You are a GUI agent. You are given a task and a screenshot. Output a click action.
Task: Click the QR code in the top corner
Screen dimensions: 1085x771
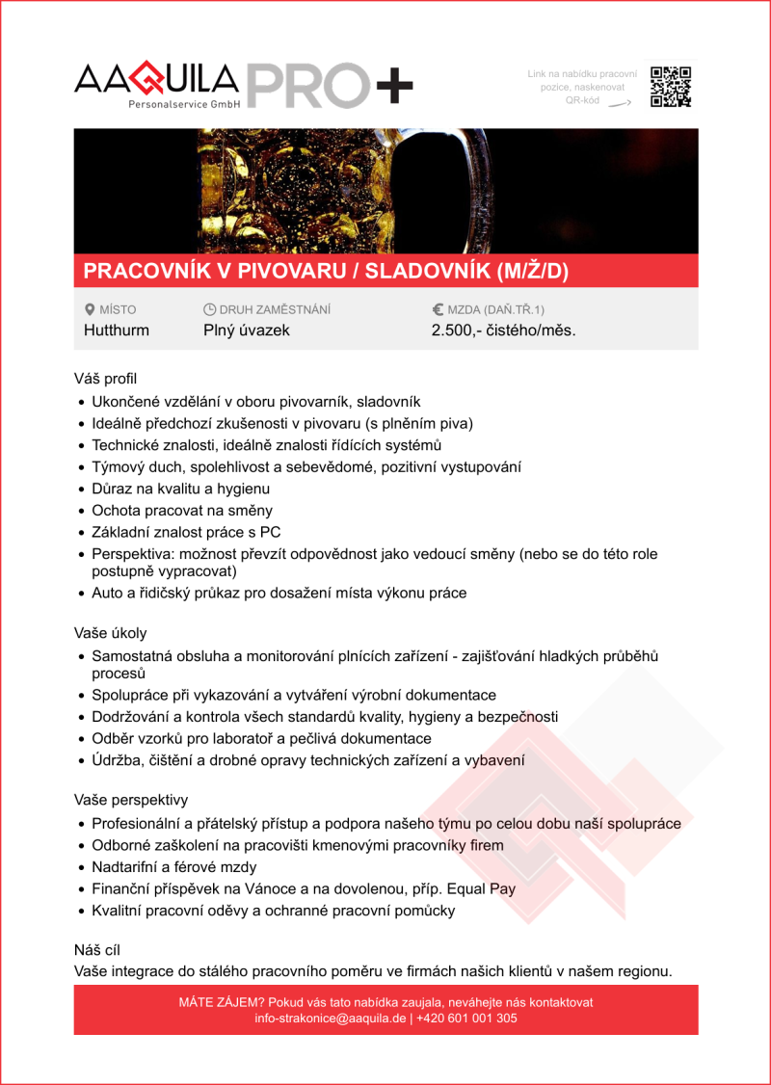tap(671, 87)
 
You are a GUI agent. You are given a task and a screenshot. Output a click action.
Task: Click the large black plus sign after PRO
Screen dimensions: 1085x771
tap(393, 88)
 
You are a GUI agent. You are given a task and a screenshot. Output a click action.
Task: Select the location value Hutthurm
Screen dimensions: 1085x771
tap(117, 331)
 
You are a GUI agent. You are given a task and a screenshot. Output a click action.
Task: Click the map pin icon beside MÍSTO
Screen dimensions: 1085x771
tap(90, 310)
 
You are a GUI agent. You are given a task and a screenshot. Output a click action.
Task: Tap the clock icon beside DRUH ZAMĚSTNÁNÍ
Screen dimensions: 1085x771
tap(209, 310)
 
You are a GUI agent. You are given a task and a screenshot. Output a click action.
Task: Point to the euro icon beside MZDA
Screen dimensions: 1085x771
tap(438, 310)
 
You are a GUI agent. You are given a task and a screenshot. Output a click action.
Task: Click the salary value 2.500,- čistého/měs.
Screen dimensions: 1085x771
tap(503, 331)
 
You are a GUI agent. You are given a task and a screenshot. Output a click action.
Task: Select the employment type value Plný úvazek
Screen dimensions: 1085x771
tap(247, 331)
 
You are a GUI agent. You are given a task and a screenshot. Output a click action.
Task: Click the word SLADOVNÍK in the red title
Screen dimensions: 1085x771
tap(427, 272)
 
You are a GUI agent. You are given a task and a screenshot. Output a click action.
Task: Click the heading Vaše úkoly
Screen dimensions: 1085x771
tap(111, 633)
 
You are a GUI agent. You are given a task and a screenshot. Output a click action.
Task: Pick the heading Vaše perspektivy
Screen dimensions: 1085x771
tap(131, 800)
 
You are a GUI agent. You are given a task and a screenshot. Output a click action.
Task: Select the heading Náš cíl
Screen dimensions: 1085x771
tap(97, 950)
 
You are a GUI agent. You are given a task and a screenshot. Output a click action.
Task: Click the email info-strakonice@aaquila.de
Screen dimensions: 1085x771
tap(331, 1018)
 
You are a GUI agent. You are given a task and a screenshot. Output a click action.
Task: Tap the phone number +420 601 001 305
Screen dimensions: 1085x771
tap(467, 1018)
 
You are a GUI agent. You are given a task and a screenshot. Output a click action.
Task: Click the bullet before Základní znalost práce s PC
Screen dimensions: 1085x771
tap(82, 533)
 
